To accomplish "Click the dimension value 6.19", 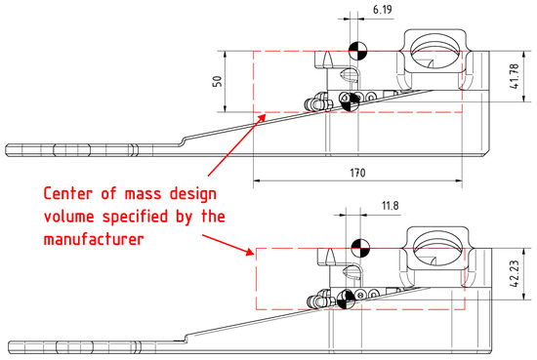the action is [x=382, y=10].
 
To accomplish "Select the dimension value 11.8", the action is [x=391, y=206].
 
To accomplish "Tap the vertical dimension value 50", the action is [x=218, y=81].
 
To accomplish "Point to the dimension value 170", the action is [x=357, y=173].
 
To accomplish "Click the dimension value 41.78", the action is [x=515, y=76].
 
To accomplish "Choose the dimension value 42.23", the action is [x=515, y=273].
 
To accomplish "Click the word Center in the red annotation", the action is [x=68, y=194].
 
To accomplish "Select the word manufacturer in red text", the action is [x=94, y=239].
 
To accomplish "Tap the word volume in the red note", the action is [x=69, y=217].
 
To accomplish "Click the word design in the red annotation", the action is [x=193, y=195].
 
